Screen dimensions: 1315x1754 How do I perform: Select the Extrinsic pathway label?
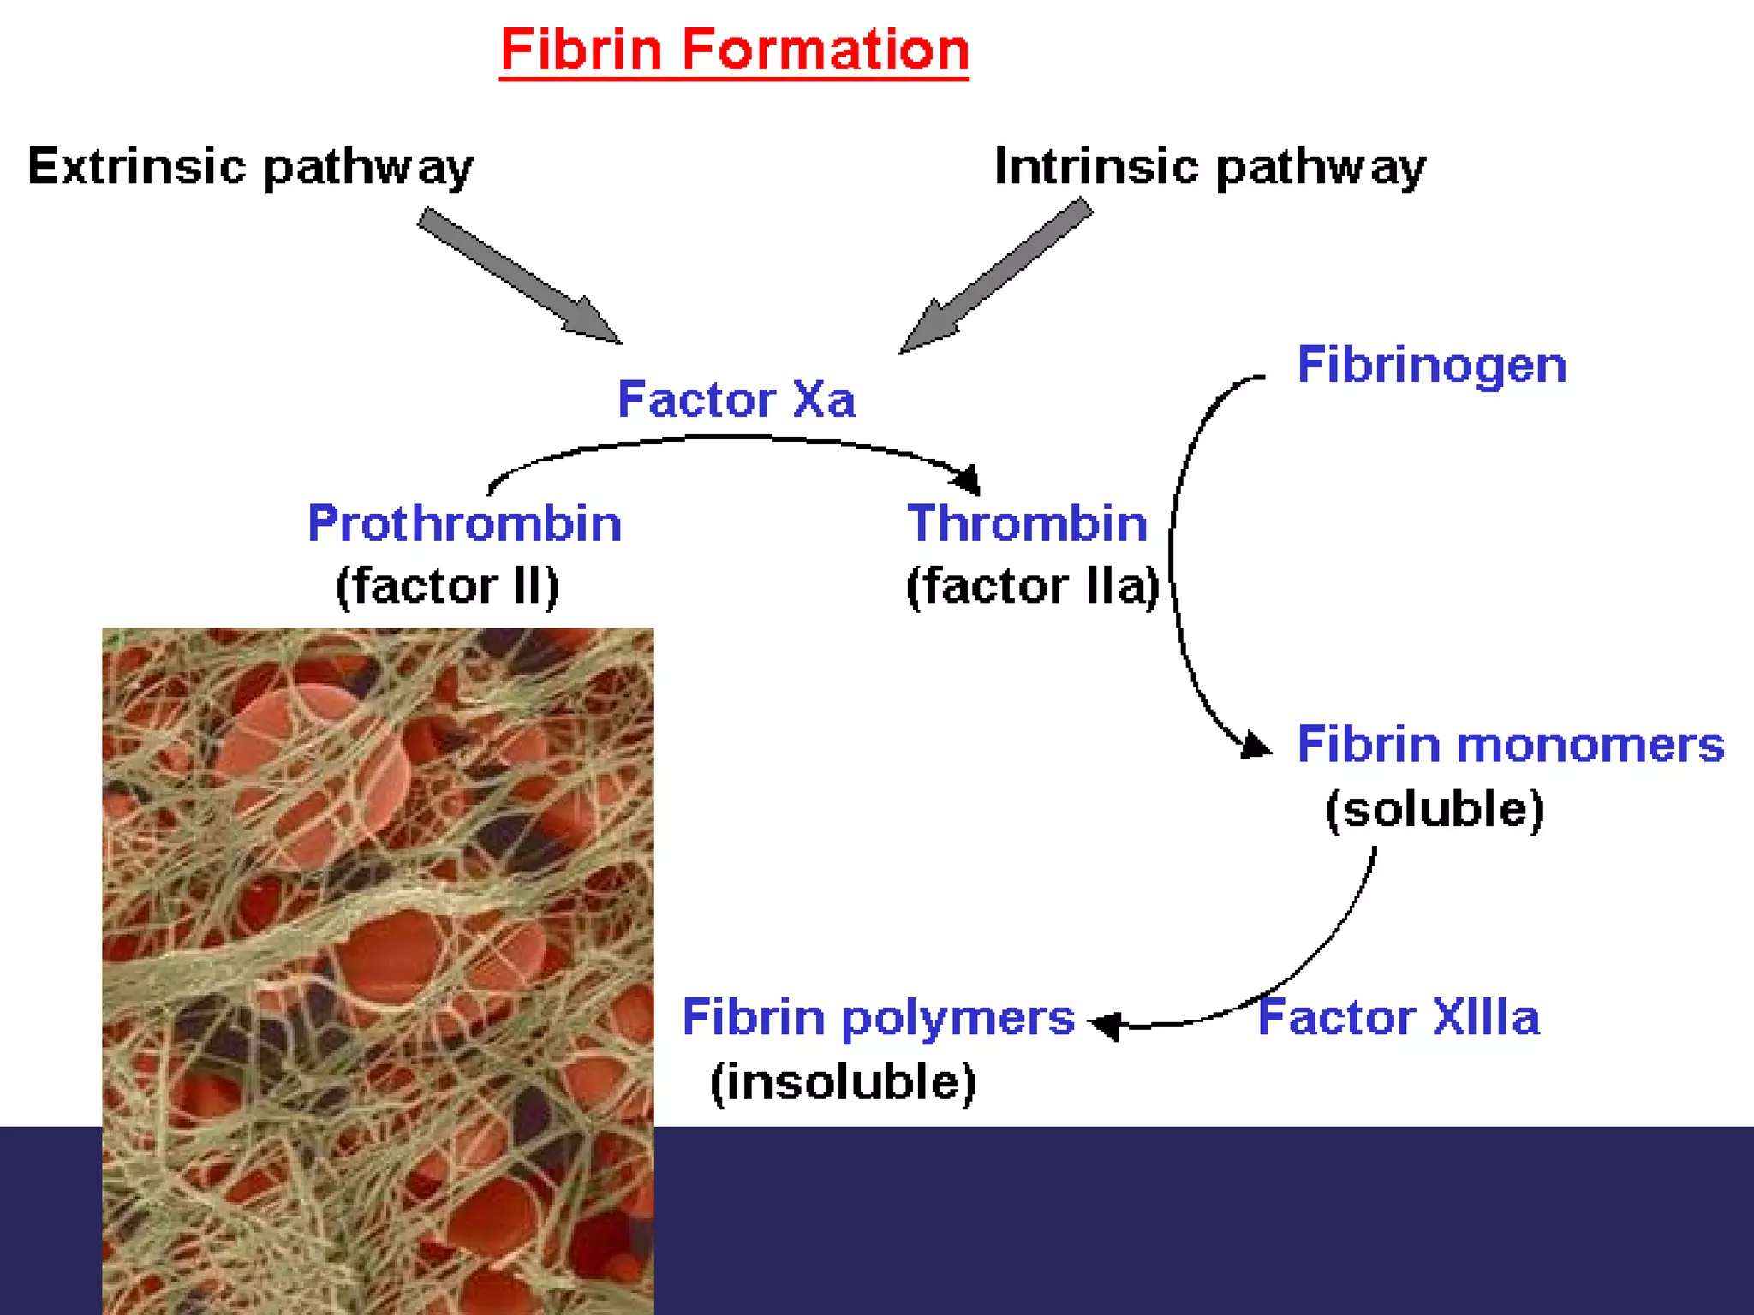click(250, 166)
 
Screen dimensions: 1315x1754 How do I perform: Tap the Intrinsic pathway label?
click(1209, 166)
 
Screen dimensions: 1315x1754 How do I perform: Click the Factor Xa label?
click(737, 399)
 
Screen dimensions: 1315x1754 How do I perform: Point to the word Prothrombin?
click(464, 523)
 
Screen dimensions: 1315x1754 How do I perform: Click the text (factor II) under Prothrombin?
click(447, 586)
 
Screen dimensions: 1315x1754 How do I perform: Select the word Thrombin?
click(1027, 523)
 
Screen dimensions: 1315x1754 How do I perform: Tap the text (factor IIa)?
click(1033, 586)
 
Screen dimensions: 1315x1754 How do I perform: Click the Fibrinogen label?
click(1432, 365)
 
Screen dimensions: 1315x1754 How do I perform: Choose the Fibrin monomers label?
click(1511, 744)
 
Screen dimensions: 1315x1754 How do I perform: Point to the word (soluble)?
click(1435, 809)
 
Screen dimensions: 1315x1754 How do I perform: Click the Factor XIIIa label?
click(1399, 1017)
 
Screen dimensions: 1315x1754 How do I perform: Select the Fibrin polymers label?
click(878, 1017)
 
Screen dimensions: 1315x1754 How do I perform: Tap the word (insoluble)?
click(843, 1082)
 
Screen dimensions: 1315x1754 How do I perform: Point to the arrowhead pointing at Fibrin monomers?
click(1254, 745)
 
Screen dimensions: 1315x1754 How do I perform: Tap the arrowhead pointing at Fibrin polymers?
click(1107, 1024)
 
